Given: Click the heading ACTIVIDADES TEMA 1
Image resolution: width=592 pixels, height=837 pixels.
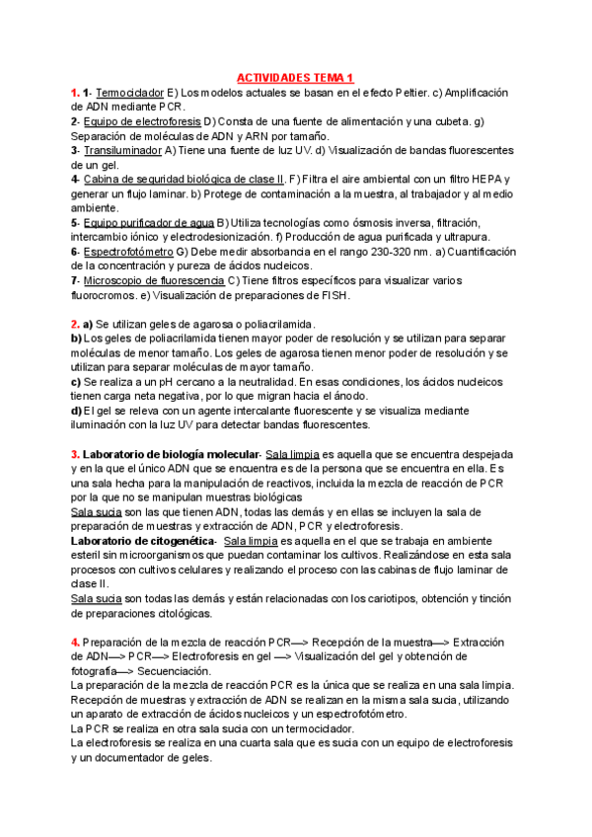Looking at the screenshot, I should click(x=296, y=78).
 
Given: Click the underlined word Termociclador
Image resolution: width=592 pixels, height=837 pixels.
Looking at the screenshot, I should click(x=129, y=93).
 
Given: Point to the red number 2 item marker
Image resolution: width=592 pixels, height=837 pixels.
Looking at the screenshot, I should click(x=75, y=324).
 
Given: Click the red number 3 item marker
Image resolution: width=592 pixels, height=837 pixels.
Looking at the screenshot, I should click(x=75, y=454).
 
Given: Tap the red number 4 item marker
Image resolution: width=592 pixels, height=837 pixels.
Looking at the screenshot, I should click(x=75, y=643).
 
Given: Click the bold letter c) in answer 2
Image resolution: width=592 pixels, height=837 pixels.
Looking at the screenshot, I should click(x=76, y=382).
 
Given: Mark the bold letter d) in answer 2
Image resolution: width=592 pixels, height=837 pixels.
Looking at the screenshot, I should click(x=76, y=411).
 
